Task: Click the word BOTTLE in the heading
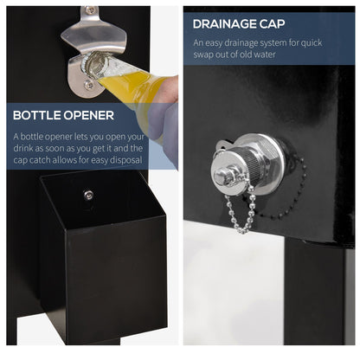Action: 36,115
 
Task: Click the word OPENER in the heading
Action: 89,115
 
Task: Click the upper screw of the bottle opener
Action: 91,10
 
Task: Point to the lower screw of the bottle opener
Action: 88,85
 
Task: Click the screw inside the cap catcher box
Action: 88,196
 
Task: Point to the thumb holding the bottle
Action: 169,87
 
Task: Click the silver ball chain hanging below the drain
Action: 240,209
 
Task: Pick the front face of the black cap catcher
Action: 116,277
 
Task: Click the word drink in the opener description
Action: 23,148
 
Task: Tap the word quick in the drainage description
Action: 312,43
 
